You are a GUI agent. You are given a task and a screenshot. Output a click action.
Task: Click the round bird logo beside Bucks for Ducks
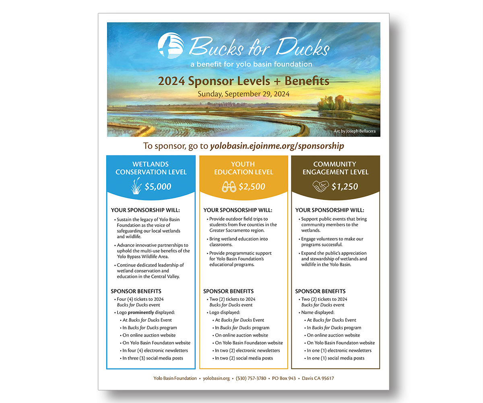point(171,46)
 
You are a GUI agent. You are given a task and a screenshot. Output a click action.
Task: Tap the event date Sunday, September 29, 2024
point(244,94)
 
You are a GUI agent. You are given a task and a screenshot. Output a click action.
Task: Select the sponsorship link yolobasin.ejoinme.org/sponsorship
point(277,146)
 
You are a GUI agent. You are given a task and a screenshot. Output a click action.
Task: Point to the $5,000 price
point(158,186)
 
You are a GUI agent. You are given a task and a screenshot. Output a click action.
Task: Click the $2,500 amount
point(252,186)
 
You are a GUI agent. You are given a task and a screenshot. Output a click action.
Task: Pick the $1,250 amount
point(345,186)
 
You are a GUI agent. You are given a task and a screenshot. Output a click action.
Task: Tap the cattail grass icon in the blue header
point(136,186)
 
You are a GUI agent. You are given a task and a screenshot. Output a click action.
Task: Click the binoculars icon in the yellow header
point(229,186)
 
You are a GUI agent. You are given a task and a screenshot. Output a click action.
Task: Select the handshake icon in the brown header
point(321,186)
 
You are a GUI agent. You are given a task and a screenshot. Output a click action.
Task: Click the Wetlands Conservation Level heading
point(151,168)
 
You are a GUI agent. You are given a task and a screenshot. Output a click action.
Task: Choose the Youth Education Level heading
point(244,168)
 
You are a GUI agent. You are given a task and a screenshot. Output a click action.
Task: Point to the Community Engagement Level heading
point(335,168)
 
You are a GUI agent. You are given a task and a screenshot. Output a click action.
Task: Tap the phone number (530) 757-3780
point(251,378)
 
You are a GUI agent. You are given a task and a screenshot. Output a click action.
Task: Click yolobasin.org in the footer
point(216,378)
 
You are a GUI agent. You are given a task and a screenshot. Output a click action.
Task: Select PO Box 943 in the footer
point(284,378)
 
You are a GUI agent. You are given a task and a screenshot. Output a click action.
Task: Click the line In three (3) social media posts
point(153,358)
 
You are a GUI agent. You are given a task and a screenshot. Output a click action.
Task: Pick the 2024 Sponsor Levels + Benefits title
point(244,81)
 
